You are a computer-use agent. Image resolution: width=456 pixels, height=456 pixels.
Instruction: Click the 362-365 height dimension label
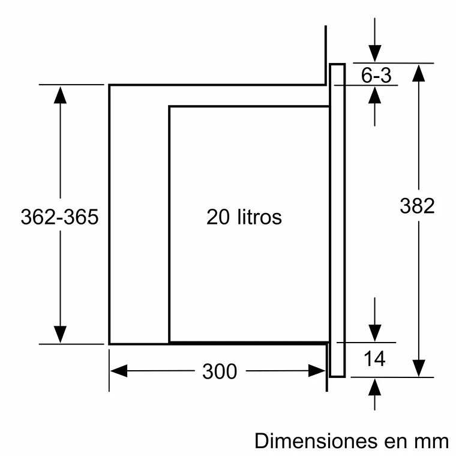point(59,217)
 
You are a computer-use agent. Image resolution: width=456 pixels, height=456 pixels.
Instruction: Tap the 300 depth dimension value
point(219,371)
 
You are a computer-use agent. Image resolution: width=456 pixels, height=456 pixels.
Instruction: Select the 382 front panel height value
point(417,206)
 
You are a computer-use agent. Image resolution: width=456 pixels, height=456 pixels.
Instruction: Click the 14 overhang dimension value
point(374,358)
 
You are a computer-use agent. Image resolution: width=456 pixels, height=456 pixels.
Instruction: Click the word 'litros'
point(258,217)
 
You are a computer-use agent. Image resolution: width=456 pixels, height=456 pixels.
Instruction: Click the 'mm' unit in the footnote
point(430,441)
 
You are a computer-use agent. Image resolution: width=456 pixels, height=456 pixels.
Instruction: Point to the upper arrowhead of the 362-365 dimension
point(60,95)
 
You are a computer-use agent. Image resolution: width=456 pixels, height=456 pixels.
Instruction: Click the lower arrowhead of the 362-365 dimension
point(60,334)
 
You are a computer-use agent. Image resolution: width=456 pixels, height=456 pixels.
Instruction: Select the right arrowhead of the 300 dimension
point(317,371)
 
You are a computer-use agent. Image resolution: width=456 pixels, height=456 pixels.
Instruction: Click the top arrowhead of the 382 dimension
point(418,73)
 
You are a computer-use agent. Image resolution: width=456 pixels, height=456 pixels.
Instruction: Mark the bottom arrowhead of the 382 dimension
point(418,367)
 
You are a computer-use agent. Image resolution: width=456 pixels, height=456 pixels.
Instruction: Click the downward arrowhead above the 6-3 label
point(375,53)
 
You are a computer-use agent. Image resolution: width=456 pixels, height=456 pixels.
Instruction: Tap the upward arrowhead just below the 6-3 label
point(375,95)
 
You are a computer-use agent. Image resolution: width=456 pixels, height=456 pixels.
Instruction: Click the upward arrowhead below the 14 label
point(375,387)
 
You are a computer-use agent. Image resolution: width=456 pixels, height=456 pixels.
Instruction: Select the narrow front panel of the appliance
point(338,220)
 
